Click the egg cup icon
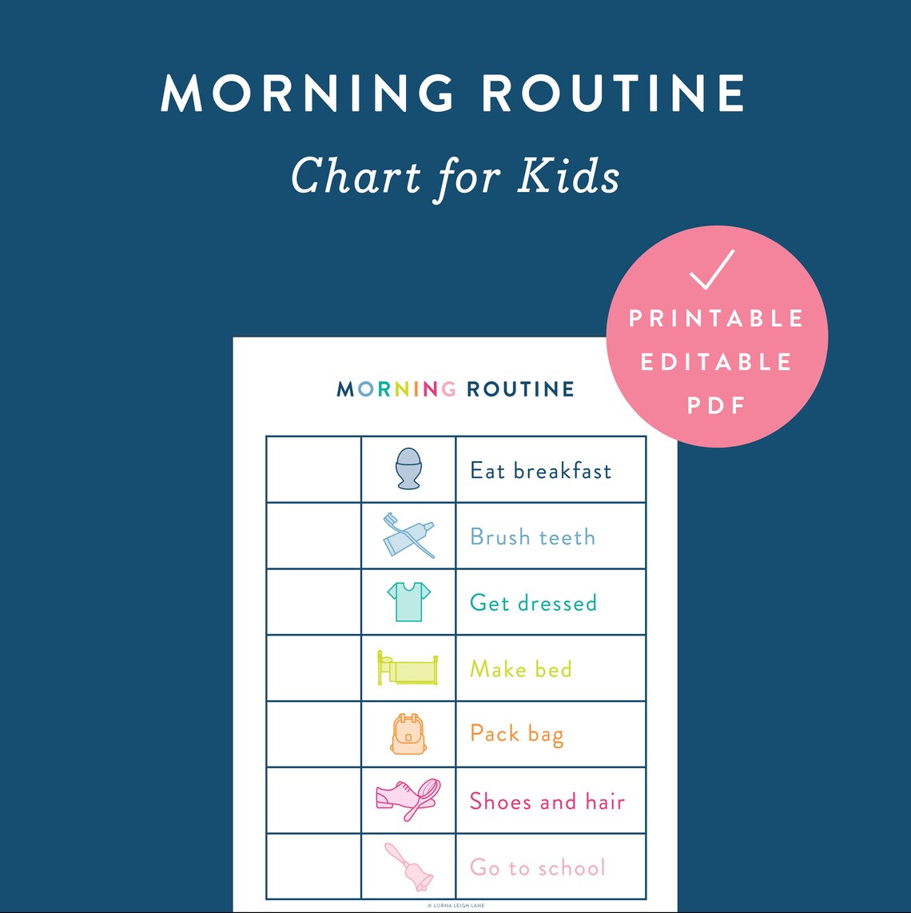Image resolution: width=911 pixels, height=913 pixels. (408, 468)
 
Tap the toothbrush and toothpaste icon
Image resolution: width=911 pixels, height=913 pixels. (408, 535)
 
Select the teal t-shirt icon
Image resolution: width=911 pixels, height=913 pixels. (408, 601)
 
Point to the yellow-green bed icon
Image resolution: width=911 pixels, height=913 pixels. (408, 668)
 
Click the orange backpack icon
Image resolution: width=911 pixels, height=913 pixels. (408, 734)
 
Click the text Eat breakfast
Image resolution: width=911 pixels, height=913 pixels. (540, 471)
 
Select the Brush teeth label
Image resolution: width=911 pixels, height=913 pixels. (532, 536)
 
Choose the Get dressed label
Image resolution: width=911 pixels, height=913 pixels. (533, 603)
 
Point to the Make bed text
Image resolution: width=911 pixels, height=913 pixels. (520, 668)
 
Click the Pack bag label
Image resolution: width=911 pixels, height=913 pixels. (516, 735)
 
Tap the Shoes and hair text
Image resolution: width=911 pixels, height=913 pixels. (547, 801)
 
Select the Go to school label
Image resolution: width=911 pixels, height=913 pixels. (537, 867)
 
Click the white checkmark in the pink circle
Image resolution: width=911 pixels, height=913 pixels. (711, 270)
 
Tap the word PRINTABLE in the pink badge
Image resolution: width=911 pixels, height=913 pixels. (716, 319)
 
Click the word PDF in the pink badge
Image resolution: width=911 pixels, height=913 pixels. (716, 405)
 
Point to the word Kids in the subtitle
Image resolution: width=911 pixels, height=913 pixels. (568, 176)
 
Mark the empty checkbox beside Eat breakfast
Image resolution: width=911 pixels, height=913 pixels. (313, 469)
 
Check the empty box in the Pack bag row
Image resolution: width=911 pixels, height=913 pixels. (313, 734)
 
